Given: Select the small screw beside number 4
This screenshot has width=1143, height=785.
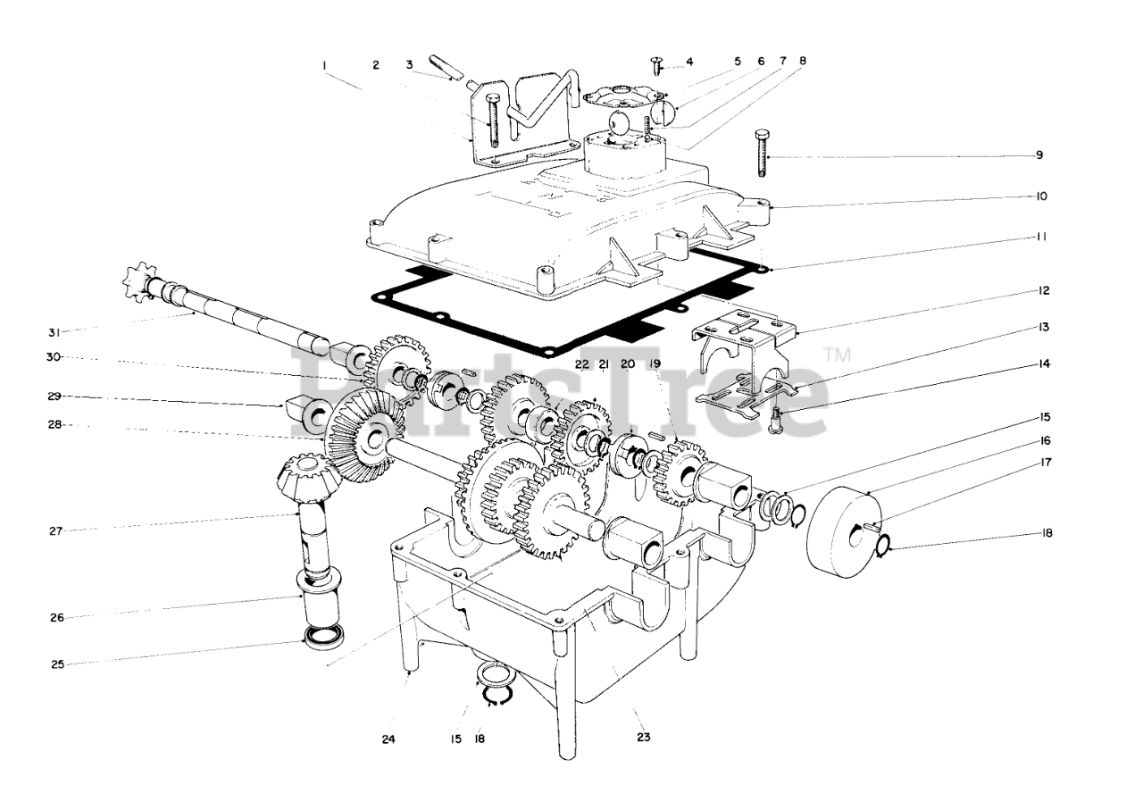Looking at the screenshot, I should point(657,64).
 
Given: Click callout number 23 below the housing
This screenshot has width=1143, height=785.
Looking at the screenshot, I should point(644,738).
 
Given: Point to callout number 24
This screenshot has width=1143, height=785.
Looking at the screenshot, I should point(388,739).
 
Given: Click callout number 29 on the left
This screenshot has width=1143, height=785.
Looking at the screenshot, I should point(54,396).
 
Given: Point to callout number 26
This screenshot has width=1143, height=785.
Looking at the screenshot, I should point(55,616).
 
